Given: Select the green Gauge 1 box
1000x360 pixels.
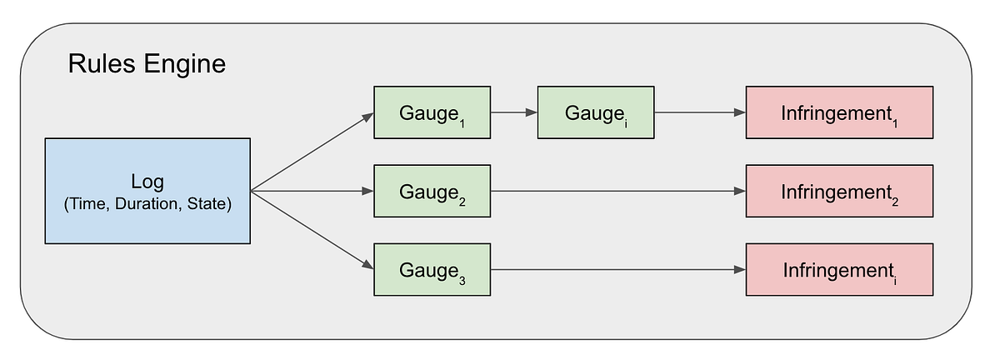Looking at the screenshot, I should point(432,112).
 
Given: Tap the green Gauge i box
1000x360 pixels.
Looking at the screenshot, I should point(595,112).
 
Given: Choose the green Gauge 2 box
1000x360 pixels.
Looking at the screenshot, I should point(432,191).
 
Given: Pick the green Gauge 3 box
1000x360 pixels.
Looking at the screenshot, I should point(432,270).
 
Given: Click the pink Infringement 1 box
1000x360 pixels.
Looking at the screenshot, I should point(838,112).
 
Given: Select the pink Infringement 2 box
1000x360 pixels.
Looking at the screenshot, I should point(838,191).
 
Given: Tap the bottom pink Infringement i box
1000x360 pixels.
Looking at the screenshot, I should point(838,270).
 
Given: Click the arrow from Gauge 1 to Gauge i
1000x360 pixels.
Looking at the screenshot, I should point(513,112).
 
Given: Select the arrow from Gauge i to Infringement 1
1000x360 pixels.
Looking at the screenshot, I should point(698,112).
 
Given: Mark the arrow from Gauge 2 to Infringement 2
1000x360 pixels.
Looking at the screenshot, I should point(617,191).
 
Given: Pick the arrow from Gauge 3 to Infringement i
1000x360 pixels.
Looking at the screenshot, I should point(617,270).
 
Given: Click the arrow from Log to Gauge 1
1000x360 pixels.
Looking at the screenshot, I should point(312,152).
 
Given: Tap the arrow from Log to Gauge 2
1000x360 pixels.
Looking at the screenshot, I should point(312,191).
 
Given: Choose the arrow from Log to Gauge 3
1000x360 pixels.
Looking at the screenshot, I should point(312,230).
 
